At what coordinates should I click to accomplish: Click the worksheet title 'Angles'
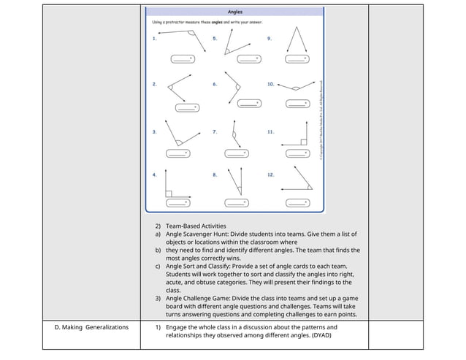coord(234,12)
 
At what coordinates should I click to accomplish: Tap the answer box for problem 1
coord(182,58)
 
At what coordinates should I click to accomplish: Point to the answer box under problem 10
coord(295,104)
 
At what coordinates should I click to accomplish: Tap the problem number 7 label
coord(215,132)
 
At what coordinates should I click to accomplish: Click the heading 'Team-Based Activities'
coord(196,226)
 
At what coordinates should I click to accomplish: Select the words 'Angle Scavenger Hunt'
coord(196,234)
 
